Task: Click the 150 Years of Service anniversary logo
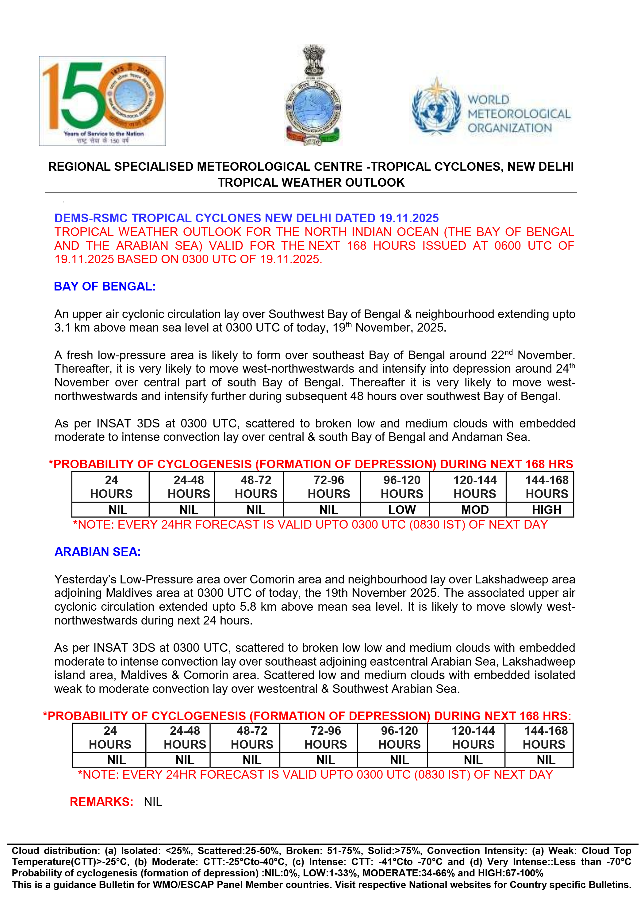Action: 102,101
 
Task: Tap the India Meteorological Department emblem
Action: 314,95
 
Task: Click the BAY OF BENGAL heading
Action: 105,287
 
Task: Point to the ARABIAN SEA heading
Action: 98,552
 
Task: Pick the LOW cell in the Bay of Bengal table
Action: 402,510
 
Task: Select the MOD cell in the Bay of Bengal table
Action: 475,510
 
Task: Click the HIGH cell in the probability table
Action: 547,510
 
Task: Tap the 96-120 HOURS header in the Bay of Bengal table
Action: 402,487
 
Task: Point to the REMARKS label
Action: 101,802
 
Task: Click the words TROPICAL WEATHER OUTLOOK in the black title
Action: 311,183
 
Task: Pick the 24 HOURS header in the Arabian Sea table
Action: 110,737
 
